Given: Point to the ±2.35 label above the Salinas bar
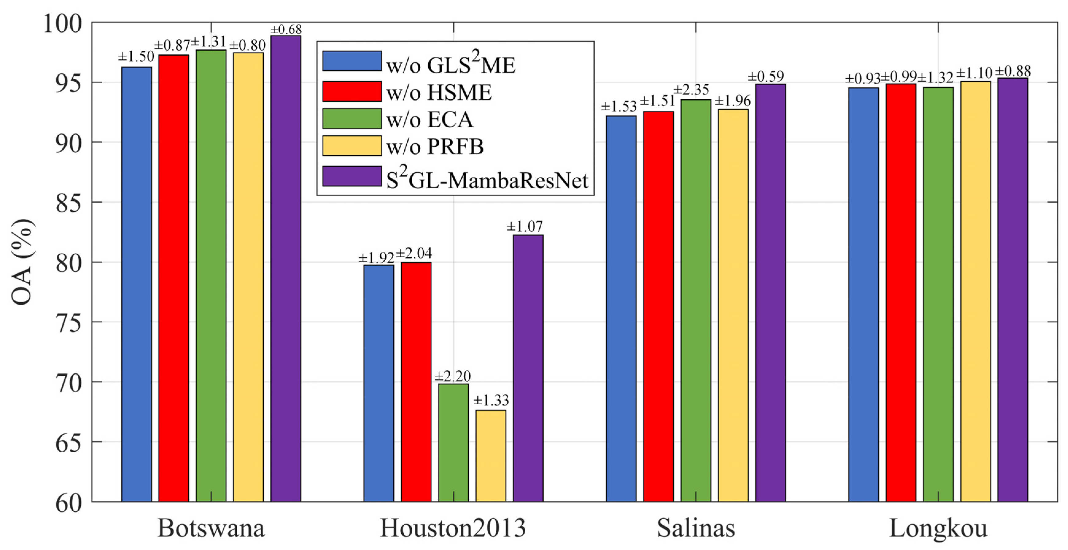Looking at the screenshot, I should click(691, 90).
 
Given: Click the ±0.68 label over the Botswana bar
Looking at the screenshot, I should click(286, 30).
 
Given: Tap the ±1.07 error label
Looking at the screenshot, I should click(524, 227).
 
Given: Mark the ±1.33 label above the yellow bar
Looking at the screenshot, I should click(491, 400).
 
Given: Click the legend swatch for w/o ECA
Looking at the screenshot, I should click(351, 119).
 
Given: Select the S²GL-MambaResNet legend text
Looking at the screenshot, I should click(487, 180).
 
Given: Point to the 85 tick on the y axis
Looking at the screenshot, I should click(69, 203).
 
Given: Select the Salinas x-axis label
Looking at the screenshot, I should click(695, 528).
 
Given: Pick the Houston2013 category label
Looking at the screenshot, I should click(453, 528).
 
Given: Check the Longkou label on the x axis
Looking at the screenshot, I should click(938, 528).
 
